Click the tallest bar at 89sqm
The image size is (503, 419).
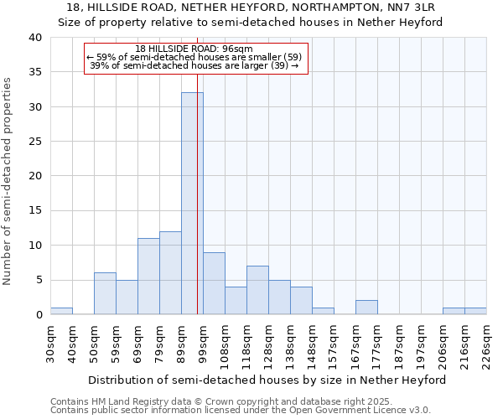tap(192, 204)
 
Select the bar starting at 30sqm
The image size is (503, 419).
tap(61, 311)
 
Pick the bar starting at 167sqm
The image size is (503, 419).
tap(366, 308)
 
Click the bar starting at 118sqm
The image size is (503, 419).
tap(257, 290)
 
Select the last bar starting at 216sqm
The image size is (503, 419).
tap(475, 311)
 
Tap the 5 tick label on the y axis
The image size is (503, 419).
tap(38, 280)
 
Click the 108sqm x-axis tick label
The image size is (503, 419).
tap(225, 342)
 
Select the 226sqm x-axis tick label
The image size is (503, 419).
tap(486, 342)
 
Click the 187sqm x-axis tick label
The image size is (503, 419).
tap(399, 342)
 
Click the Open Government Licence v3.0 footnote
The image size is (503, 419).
tap(241, 411)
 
